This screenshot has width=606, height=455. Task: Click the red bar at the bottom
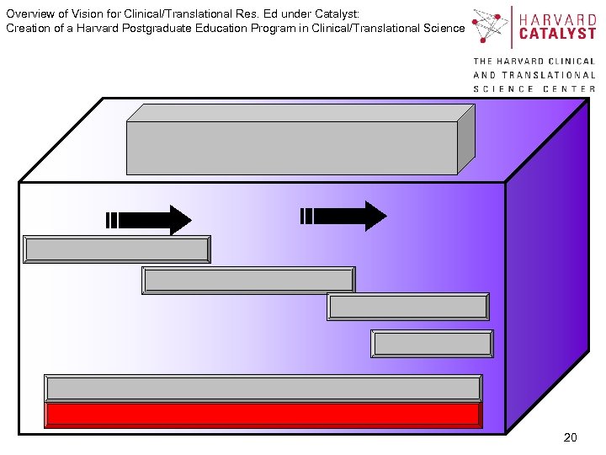click(x=263, y=414)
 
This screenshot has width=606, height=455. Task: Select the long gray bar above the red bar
click(x=263, y=388)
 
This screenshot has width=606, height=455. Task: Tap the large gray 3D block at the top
click(x=291, y=147)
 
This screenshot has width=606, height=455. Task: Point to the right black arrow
click(x=344, y=216)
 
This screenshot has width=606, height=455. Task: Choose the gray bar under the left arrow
click(x=117, y=249)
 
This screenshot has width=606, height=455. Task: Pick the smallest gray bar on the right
click(x=432, y=344)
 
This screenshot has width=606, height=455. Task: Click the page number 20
click(x=570, y=437)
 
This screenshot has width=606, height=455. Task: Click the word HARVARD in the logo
click(x=558, y=19)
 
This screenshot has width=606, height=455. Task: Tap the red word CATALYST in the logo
click(x=558, y=35)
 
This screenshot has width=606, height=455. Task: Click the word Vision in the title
click(x=77, y=14)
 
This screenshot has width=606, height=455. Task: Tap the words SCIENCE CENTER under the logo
click(x=534, y=88)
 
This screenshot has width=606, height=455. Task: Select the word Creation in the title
click(x=28, y=28)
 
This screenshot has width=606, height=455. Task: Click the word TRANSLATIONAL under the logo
click(x=548, y=75)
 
